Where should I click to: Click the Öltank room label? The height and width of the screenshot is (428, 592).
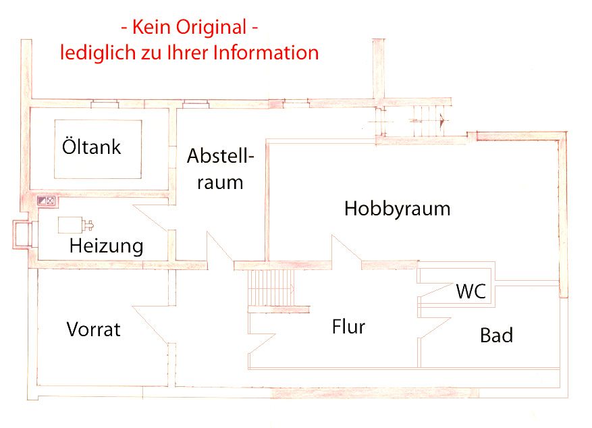[91, 146]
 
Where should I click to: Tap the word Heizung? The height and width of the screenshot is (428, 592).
[107, 246]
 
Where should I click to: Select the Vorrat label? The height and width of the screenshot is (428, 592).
[94, 329]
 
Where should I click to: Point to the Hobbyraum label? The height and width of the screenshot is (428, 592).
[397, 209]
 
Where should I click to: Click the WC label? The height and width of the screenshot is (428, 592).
[470, 292]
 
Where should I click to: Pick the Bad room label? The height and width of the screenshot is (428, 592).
[496, 335]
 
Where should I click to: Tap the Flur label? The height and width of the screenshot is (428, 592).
[348, 327]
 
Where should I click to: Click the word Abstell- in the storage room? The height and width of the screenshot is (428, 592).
[221, 156]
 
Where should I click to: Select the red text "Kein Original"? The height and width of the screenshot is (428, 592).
[189, 28]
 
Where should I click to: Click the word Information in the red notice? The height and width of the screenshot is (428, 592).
[266, 53]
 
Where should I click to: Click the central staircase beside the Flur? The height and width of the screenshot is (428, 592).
[272, 288]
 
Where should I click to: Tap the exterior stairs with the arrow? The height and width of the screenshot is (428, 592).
[425, 122]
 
